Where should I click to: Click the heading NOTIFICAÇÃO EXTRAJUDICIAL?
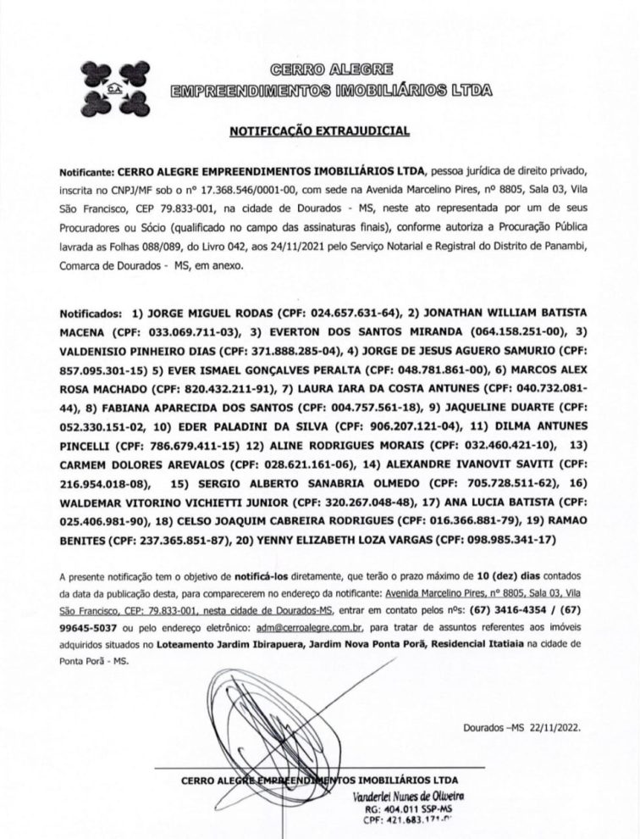pyautogui.click(x=319, y=131)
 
